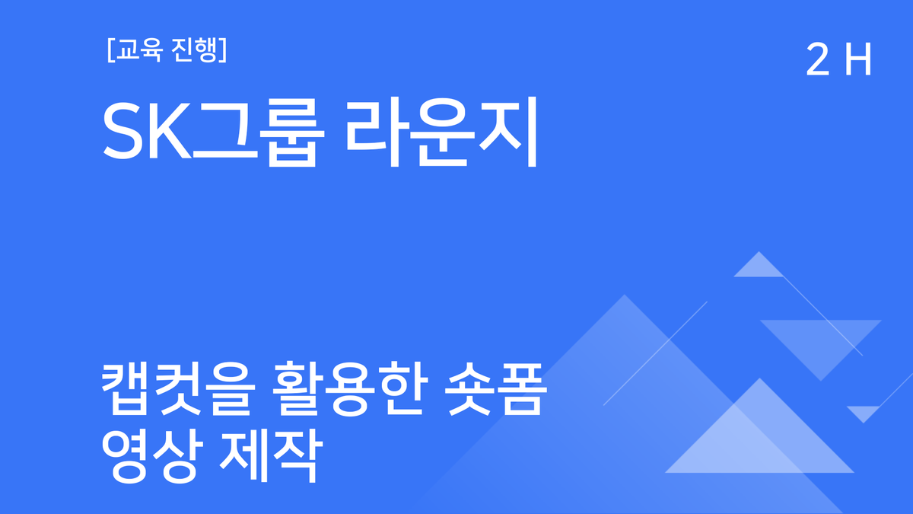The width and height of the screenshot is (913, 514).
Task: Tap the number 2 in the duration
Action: coord(817,61)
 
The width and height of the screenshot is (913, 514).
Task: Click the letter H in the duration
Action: coord(857,61)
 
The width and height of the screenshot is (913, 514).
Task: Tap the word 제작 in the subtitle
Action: coord(266,451)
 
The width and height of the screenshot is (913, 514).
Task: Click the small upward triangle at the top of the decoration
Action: coord(758,267)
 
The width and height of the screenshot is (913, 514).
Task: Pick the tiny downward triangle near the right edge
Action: coord(864,413)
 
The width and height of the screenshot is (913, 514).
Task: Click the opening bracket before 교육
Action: coord(111,50)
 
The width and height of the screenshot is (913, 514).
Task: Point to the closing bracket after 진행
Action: coord(222,50)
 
